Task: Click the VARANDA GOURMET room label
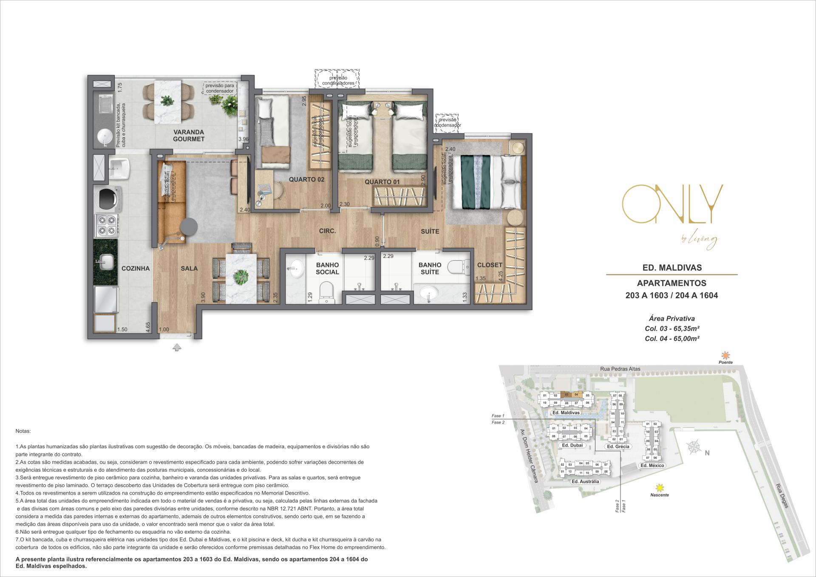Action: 189,136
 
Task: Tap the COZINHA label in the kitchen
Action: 136,269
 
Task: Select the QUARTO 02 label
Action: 306,179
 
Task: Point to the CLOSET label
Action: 490,265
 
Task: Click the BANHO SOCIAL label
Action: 327,269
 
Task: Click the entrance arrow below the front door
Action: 177,348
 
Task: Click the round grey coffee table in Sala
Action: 188,227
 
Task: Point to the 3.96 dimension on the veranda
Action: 243,139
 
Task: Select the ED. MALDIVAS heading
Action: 672,268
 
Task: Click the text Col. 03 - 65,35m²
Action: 672,328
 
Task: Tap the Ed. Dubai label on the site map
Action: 571,445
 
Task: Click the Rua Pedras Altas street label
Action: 621,369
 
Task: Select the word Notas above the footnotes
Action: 23,431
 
